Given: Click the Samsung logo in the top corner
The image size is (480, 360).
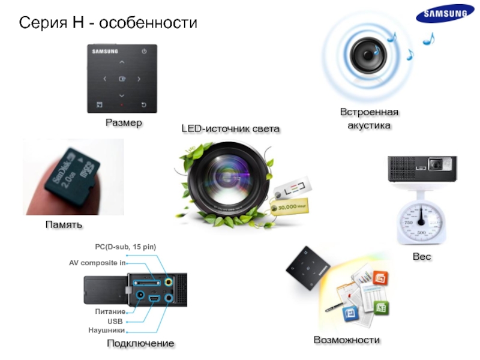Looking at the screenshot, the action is tap(445, 14).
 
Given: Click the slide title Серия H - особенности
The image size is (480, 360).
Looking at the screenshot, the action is tap(109, 23).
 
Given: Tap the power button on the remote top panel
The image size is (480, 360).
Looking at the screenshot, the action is tap(144, 52).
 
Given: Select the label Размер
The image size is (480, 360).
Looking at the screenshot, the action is tap(124, 123).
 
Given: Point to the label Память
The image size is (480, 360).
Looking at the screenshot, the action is tap(64, 224).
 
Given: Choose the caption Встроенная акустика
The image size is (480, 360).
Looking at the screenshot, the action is tap(369, 119).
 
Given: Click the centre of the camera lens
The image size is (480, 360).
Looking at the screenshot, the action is tap(224, 180).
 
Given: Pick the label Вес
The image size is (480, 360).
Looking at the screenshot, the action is tap(422, 257).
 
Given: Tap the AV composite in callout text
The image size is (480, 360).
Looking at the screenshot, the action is tap(97, 263).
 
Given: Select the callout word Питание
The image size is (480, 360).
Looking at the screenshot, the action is tap(110, 312).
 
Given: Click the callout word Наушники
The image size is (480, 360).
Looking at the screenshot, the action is tap(106, 330).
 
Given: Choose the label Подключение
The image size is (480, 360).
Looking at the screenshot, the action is tap(140, 343).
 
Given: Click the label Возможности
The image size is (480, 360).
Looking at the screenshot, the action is tap(347, 340).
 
